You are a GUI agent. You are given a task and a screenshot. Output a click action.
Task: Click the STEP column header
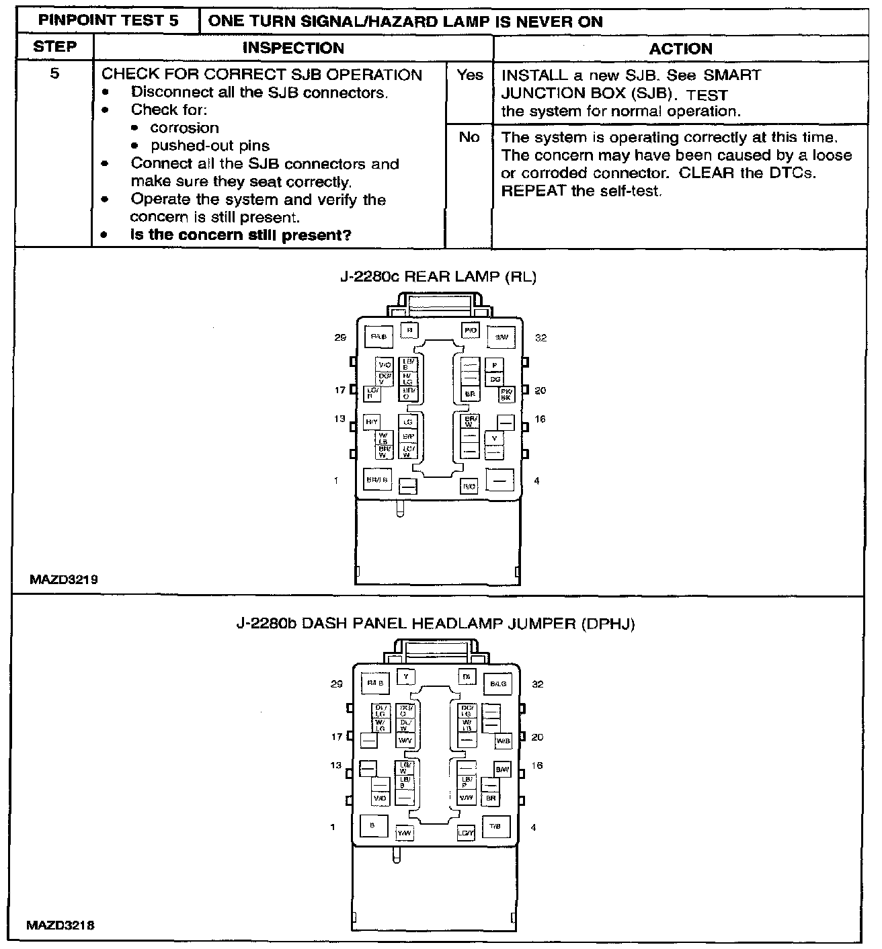(54, 47)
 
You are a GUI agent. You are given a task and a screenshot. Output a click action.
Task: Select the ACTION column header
(680, 48)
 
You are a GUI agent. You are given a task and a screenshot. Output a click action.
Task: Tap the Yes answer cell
(469, 75)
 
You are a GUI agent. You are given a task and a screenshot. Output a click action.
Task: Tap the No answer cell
(469, 137)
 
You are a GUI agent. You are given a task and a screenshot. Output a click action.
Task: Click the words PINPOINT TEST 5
(108, 20)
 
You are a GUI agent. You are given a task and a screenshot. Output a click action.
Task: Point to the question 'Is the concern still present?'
(241, 235)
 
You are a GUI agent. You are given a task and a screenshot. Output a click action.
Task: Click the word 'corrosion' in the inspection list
(184, 128)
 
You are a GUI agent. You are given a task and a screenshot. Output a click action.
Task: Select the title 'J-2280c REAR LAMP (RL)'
(438, 277)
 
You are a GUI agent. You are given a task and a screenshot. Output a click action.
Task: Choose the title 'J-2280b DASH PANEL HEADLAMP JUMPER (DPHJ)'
(436, 624)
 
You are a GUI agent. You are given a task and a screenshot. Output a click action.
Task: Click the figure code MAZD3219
(64, 579)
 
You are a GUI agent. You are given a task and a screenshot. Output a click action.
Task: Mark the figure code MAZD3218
(61, 925)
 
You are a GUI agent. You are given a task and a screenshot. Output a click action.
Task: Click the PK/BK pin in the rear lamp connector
(506, 395)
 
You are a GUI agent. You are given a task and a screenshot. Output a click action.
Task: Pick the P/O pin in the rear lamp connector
(470, 331)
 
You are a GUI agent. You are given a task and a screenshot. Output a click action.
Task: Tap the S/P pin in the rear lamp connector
(407, 436)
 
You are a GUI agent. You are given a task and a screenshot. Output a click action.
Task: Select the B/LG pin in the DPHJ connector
(497, 684)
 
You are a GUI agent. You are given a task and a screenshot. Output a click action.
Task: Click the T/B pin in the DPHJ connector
(495, 826)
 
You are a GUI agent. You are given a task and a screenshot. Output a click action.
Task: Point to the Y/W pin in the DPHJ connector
(405, 833)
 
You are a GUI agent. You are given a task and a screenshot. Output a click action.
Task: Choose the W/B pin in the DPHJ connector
(503, 741)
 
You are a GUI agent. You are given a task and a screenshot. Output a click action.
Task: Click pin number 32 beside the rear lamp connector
(540, 337)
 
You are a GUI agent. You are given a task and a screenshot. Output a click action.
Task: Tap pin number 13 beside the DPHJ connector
(335, 766)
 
